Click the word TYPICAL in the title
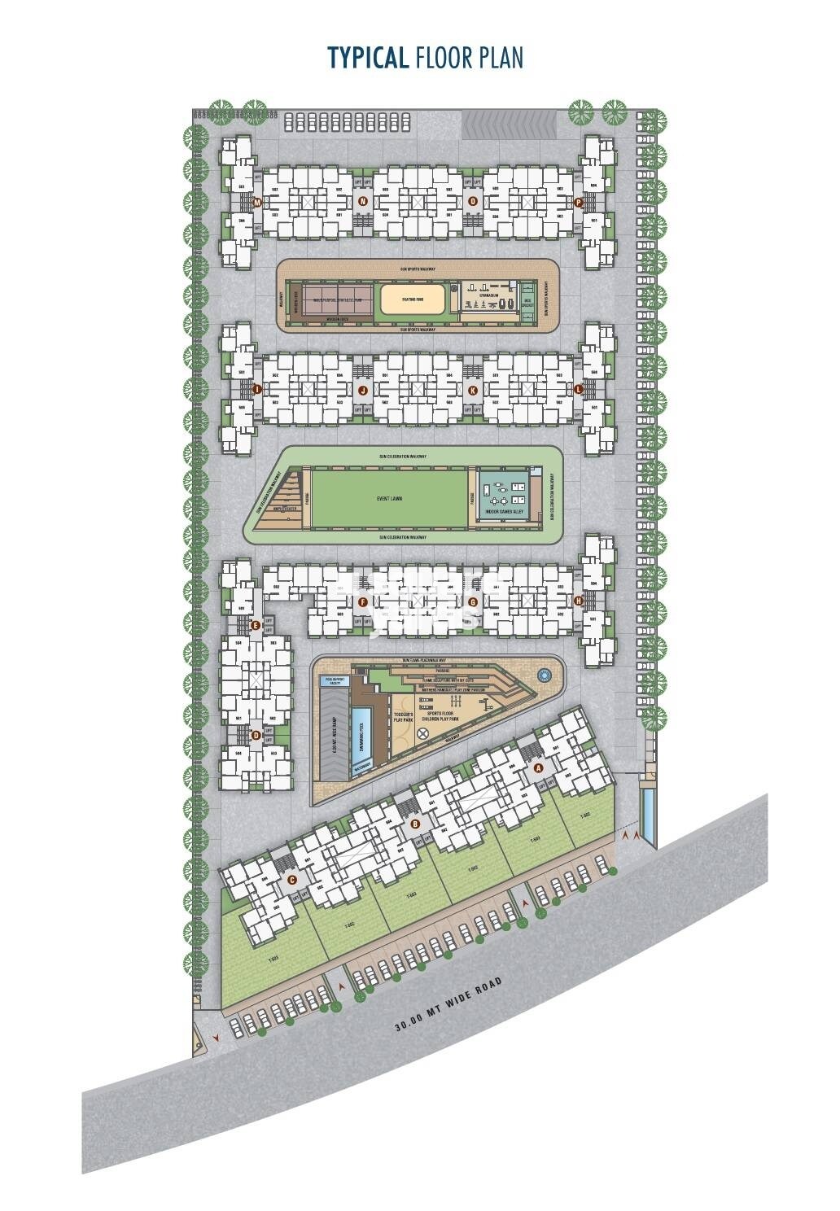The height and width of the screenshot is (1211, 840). tap(367, 59)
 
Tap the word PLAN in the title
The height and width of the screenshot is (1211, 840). tap(500, 59)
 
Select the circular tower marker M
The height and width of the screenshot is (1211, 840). tap(257, 202)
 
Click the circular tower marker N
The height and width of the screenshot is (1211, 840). tap(363, 201)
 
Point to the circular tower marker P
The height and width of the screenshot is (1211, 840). tap(578, 202)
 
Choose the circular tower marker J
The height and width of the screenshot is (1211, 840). tap(363, 391)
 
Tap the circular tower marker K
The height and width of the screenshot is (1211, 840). tap(472, 391)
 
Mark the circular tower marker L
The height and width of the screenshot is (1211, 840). tap(578, 390)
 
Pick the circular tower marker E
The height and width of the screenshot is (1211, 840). tap(256, 625)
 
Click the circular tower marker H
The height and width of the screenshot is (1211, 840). tap(578, 601)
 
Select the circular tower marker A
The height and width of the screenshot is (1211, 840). tap(536, 767)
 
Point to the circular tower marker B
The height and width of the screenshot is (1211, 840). tap(416, 824)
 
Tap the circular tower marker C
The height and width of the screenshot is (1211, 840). tap(292, 879)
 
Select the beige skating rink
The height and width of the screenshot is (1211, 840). tap(413, 299)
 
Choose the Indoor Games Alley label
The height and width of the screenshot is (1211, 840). tap(508, 510)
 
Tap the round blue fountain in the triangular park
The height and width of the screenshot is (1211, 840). tap(543, 675)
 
